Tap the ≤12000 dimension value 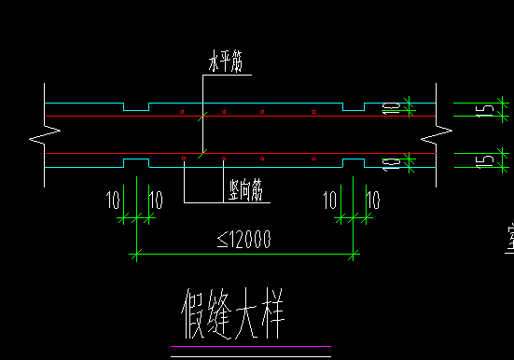(244, 240)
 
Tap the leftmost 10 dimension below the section (114, 200)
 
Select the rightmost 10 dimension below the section (373, 200)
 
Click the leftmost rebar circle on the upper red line (180, 112)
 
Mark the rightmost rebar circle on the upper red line (314, 112)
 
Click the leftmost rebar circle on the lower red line (184, 158)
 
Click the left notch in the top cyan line (136, 107)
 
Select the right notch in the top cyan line (354, 107)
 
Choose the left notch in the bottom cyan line (136, 162)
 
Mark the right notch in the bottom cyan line (354, 162)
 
